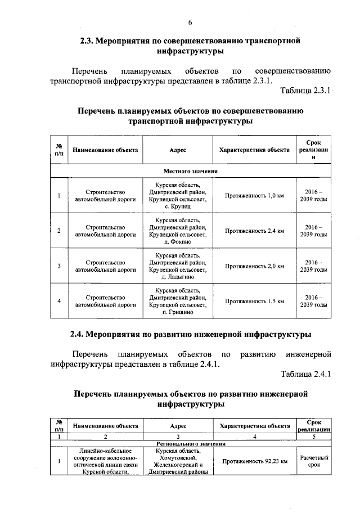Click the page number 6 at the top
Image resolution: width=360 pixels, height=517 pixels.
pos(190,22)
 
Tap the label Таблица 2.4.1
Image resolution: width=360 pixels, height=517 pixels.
pos(304,374)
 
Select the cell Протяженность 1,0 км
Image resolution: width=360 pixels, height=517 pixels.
pos(254,196)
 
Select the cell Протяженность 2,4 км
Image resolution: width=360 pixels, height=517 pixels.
pos(254,231)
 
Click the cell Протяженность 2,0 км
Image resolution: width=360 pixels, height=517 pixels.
pos(254,266)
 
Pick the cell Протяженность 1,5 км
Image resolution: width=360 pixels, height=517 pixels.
pos(254,301)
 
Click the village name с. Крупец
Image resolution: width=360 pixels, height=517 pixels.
pos(178,207)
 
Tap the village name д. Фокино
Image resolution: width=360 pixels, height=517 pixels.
pos(178,242)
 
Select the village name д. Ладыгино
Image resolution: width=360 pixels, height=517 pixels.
pos(178,277)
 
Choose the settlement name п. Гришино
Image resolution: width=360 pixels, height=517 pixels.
pos(178,312)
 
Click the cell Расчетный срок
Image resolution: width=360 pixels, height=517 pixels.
pos(314,461)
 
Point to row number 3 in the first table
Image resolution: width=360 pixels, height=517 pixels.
pos(59,266)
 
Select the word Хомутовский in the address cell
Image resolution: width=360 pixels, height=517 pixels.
pos(178,458)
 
